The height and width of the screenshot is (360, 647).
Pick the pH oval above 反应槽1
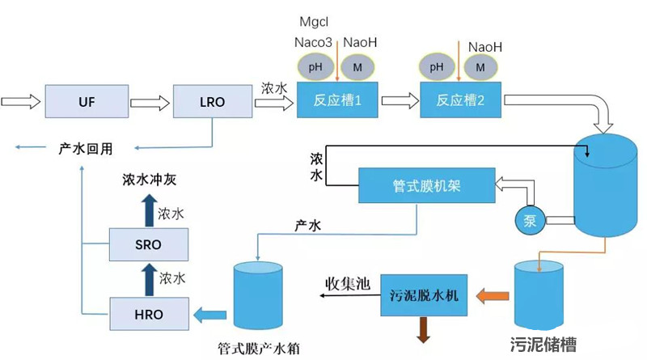pyautogui.click(x=315, y=66)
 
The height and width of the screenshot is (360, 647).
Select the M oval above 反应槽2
pyautogui.click(x=480, y=66)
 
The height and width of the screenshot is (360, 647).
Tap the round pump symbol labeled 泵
pyautogui.click(x=530, y=219)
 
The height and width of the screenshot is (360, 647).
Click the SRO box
pyautogui.click(x=148, y=244)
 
